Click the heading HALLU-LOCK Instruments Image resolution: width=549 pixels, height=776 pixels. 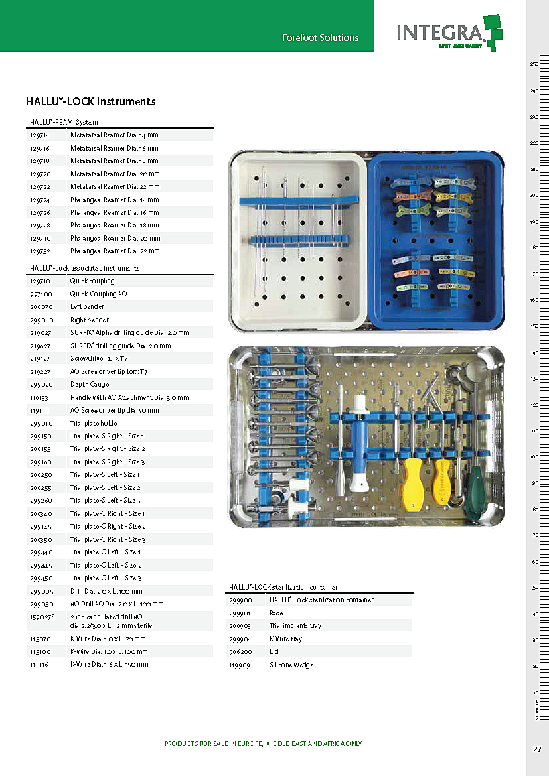(90, 101)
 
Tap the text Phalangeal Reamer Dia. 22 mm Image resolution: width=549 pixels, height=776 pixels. (115, 251)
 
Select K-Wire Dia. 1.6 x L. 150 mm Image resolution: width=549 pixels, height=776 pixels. (109, 664)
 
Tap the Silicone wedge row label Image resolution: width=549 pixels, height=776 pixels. (291, 665)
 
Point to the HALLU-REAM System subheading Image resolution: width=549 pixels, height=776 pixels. (64, 122)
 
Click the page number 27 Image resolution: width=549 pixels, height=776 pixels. (537, 749)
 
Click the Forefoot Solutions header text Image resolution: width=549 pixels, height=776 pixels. (320, 38)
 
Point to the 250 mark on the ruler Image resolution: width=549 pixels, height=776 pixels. (534, 64)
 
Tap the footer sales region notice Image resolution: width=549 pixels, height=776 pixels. (264, 744)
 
